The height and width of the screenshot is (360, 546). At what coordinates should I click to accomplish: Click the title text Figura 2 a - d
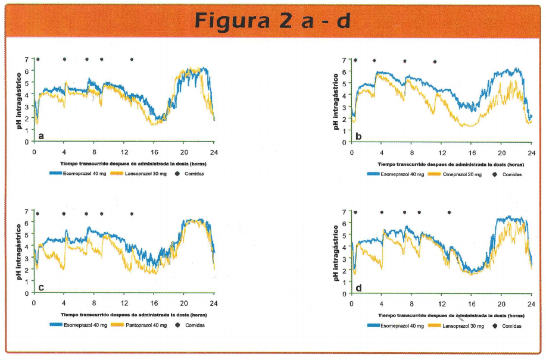(272, 20)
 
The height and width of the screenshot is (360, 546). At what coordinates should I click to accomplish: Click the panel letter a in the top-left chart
(41, 136)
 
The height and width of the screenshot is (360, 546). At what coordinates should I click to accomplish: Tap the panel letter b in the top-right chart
(358, 136)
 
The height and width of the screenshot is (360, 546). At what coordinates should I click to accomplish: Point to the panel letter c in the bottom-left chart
(41, 287)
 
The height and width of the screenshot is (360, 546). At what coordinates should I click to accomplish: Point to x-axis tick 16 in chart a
(154, 152)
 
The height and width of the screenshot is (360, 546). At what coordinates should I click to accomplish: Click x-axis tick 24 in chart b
(531, 152)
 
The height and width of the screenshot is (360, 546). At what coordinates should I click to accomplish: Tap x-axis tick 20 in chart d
(501, 304)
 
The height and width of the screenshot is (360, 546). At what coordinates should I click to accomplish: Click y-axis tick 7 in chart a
(27, 59)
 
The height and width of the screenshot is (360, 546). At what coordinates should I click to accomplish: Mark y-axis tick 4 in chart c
(27, 246)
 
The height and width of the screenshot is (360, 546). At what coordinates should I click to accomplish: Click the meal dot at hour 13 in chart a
(132, 60)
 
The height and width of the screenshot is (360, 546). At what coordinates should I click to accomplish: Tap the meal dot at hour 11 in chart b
(435, 61)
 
